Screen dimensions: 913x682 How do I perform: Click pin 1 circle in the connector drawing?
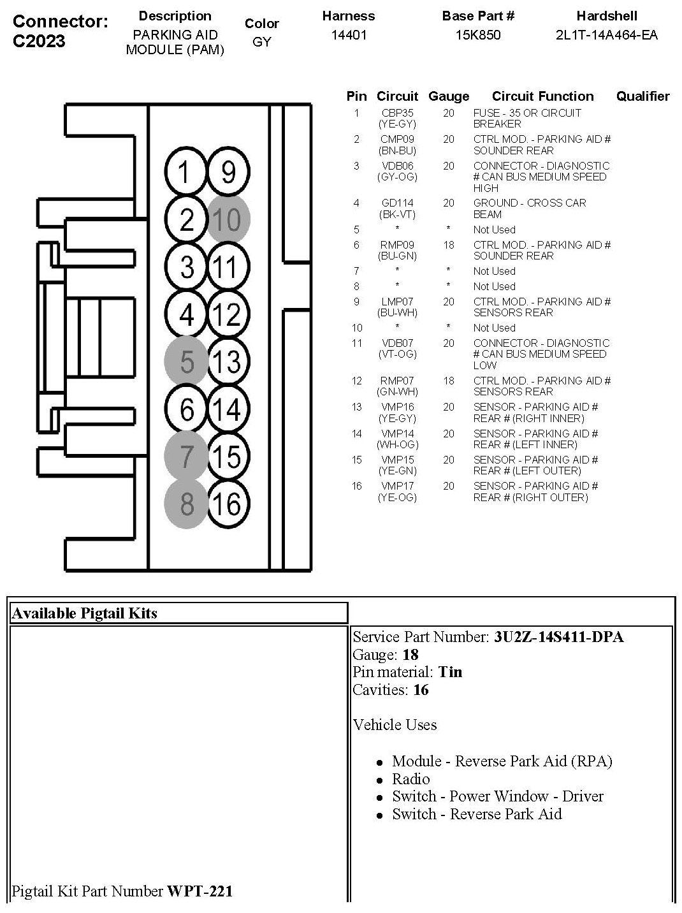tap(185, 172)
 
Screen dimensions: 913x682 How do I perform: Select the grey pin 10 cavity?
tap(228, 220)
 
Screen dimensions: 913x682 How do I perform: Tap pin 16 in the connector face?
tap(228, 504)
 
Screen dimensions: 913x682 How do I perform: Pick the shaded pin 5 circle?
tap(186, 362)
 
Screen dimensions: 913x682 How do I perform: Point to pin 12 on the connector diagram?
tap(228, 314)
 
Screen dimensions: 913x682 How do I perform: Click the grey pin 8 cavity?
tap(186, 504)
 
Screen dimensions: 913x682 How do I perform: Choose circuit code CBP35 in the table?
tap(397, 113)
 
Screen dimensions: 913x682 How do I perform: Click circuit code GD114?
tap(397, 203)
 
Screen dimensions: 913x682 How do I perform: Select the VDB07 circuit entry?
tap(397, 343)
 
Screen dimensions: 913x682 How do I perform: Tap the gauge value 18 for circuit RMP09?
tap(449, 245)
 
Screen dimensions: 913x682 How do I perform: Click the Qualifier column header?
tap(642, 96)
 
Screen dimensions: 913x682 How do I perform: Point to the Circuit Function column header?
tap(542, 96)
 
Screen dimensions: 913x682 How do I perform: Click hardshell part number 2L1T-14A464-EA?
tap(606, 35)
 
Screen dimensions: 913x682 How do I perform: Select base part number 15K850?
tap(478, 35)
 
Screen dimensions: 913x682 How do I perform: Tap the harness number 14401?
tap(349, 35)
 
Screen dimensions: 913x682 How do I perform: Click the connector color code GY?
tap(262, 42)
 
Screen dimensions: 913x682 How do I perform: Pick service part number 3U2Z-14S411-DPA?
tap(558, 637)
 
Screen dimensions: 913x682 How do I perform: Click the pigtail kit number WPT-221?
tap(200, 891)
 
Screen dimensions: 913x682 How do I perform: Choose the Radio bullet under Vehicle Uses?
tap(410, 778)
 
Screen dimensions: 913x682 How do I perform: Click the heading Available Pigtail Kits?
tap(85, 613)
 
